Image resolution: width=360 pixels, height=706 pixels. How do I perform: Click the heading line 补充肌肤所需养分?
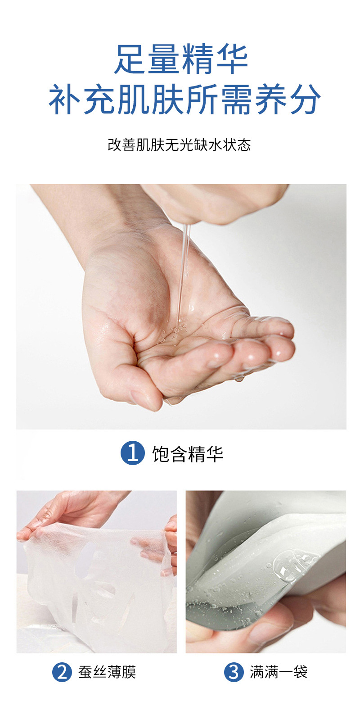pos(184,100)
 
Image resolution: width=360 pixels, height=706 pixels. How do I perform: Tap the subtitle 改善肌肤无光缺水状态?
pos(179,145)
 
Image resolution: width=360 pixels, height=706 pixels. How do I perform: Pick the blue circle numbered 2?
pos(62,673)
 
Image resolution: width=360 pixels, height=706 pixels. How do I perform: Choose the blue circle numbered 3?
pos(234,673)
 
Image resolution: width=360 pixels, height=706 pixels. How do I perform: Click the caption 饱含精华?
pos(187,453)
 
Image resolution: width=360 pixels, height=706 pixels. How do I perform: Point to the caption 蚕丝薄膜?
pos(107,673)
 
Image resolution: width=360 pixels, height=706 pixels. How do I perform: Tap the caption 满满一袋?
pos(279,673)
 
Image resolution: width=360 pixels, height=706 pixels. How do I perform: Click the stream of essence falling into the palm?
pos(184,270)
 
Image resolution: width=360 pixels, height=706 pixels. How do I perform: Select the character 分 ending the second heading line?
pos(305,100)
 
